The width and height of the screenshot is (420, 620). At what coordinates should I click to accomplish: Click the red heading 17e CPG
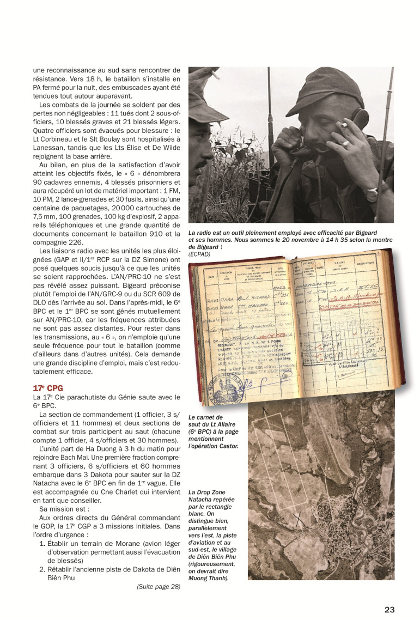click(47, 388)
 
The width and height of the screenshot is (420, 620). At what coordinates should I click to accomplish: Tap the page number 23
click(389, 610)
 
